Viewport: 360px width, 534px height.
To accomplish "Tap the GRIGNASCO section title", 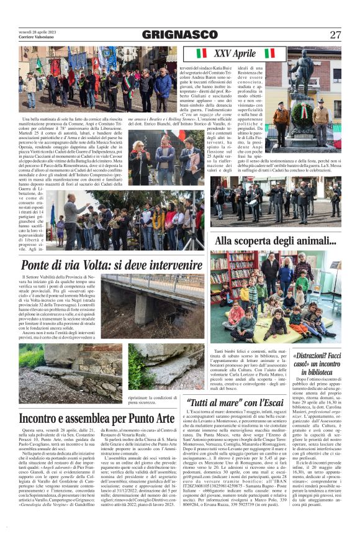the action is pos(180,34).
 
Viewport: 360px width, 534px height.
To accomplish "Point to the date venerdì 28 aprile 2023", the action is pos(37,31).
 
